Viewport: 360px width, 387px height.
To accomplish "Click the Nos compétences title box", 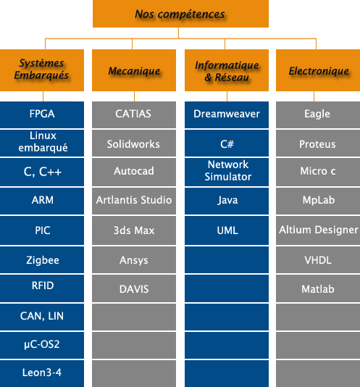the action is point(180,14).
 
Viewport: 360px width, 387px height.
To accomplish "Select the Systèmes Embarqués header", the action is point(42,70).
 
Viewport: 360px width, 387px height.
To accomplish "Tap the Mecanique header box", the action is point(134,70).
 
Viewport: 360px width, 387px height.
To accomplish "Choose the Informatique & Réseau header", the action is point(227,70).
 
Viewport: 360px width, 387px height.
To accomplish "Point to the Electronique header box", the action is point(318,70).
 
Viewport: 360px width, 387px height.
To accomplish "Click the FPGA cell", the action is point(42,115).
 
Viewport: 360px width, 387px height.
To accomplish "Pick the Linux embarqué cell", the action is point(42,143).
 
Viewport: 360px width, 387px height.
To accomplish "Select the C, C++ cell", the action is point(42,172).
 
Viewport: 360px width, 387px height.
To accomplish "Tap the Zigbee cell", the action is point(42,260).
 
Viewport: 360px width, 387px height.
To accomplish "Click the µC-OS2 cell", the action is point(42,345).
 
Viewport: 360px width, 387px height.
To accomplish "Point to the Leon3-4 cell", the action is point(42,373).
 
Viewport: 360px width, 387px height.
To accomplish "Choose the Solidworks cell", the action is point(134,143).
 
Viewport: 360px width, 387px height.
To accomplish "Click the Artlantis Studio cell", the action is point(134,201).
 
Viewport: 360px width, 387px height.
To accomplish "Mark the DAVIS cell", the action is point(134,288).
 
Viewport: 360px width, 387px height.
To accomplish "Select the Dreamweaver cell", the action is point(227,115).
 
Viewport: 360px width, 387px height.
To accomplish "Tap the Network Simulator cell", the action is point(227,172).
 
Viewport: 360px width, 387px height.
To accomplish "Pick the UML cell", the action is point(227,230).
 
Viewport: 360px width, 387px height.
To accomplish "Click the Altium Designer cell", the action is point(318,230).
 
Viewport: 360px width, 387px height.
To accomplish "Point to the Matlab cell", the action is point(318,288).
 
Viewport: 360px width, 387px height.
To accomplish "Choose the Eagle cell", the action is point(318,115).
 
